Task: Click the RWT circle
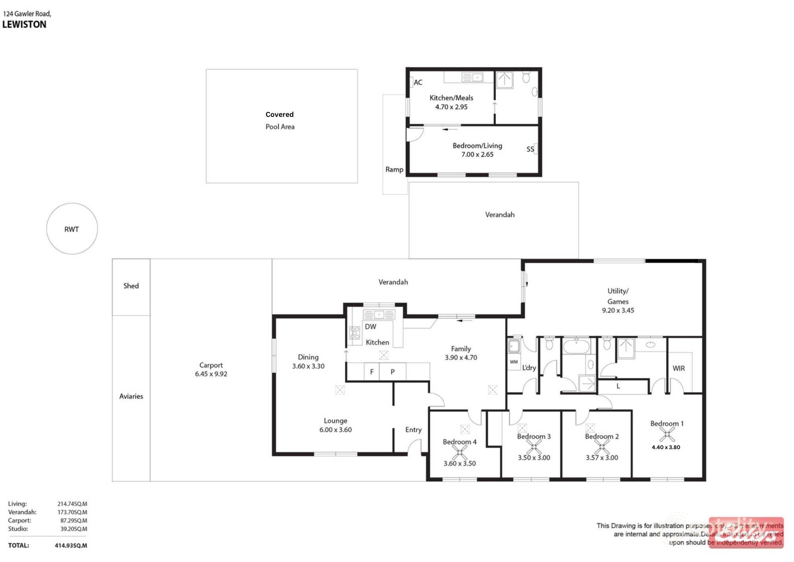[x=72, y=229]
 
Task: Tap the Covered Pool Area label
[x=280, y=120]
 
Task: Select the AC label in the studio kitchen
[x=418, y=83]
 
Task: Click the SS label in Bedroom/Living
[x=530, y=149]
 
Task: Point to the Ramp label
[x=394, y=170]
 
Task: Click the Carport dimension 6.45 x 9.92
[x=211, y=374]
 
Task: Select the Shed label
[x=131, y=286]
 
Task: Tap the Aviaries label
[x=131, y=396]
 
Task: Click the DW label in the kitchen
[x=370, y=327]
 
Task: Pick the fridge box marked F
[x=372, y=372]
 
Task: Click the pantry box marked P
[x=393, y=372]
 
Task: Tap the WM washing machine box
[x=514, y=362]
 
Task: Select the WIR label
[x=678, y=368]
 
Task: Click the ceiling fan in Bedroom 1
[x=667, y=434]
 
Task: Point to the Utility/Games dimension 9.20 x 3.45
[x=618, y=310]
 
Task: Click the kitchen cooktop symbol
[x=355, y=333]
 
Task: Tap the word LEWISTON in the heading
[x=24, y=25]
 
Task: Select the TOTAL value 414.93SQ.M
[x=71, y=546]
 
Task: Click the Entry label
[x=413, y=430]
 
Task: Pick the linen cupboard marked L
[x=618, y=386]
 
